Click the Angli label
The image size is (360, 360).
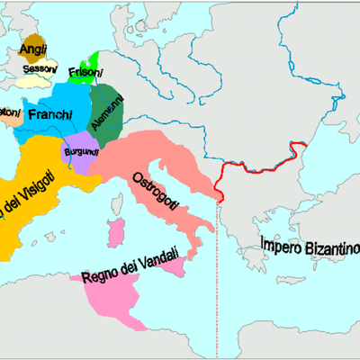pyautogui.click(x=32, y=49)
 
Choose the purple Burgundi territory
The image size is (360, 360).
pyautogui.click(x=77, y=162)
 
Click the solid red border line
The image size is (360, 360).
pyautogui.click(x=261, y=162)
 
